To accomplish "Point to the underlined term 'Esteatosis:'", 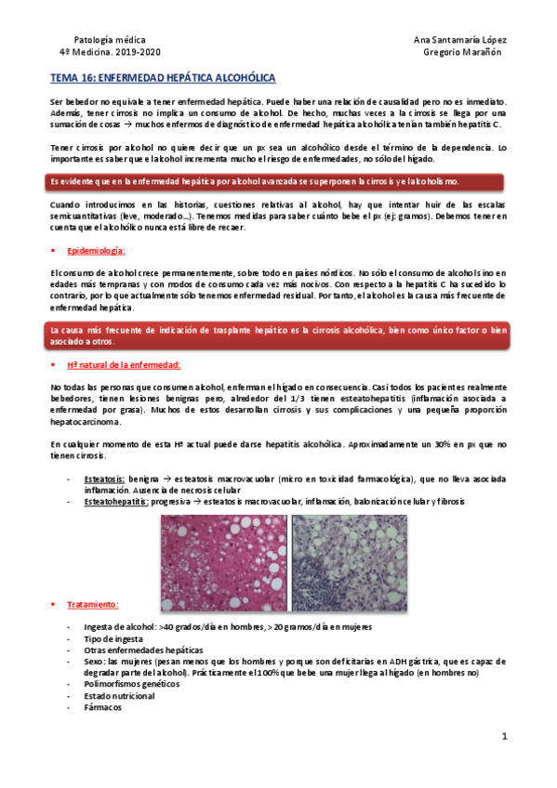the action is [105, 479].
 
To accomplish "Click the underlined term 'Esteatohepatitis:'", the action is [116, 501].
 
